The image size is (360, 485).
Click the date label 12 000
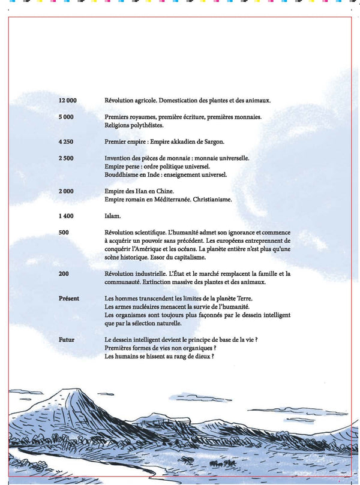pyautogui.click(x=68, y=101)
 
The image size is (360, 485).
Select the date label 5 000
pyautogui.click(x=66, y=118)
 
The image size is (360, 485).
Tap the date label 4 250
pyautogui.click(x=66, y=142)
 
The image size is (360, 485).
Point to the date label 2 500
pyautogui.click(x=66, y=158)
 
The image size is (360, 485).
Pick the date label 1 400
pyautogui.click(x=66, y=216)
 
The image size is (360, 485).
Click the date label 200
pyautogui.click(x=64, y=274)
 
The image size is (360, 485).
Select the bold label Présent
pyautogui.click(x=69, y=299)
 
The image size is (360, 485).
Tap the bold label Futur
pyautogui.click(x=67, y=340)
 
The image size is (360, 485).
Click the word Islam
pyautogui.click(x=113, y=216)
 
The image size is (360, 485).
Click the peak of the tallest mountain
pyautogui.click(x=75, y=390)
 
